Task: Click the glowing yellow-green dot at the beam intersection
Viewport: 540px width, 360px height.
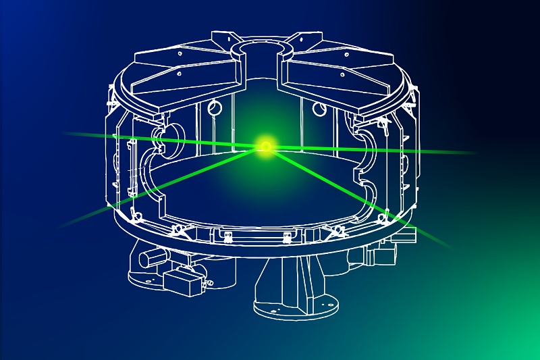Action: [265, 146]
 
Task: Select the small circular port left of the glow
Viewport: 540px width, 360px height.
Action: [214, 106]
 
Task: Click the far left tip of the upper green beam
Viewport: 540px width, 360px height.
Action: [67, 134]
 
